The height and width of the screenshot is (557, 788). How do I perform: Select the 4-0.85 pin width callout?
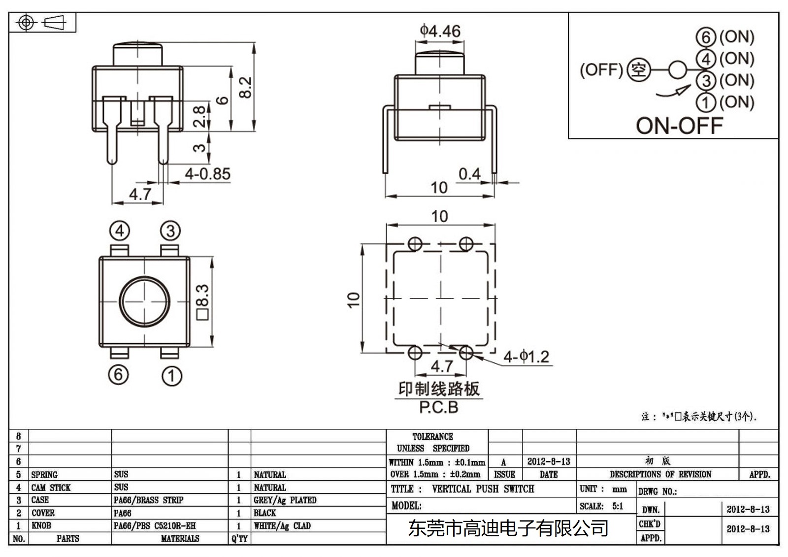(207, 174)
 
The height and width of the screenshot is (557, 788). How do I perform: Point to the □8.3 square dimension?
(203, 302)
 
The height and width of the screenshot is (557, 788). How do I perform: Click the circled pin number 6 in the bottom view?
(118, 375)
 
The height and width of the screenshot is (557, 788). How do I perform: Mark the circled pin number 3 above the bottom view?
(170, 230)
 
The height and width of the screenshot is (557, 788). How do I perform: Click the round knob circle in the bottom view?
(145, 300)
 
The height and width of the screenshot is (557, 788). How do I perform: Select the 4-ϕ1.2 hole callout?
(526, 357)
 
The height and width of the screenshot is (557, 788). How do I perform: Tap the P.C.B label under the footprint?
(438, 408)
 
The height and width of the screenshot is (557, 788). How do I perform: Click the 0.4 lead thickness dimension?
(469, 174)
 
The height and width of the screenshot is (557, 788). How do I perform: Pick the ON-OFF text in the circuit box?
(679, 126)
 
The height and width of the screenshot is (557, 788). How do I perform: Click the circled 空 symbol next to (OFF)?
(638, 70)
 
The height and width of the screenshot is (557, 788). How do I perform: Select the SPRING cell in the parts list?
(44, 475)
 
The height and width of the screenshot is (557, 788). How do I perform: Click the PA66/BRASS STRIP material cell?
(148, 500)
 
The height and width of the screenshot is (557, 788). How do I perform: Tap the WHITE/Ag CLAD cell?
(282, 526)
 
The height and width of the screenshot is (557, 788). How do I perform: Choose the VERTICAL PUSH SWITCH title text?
(483, 489)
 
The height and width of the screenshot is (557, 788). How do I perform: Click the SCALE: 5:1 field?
(601, 506)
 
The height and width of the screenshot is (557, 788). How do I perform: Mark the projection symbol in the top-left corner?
(42, 23)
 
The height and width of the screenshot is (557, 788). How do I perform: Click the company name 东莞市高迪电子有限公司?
(508, 528)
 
